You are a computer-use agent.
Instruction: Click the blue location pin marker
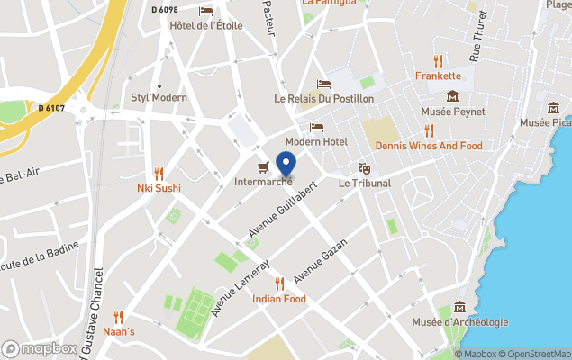(x=286, y=166)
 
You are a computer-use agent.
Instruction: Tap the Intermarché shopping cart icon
(x=263, y=166)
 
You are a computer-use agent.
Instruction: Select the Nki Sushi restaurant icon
(x=159, y=173)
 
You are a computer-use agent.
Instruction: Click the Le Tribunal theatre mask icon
(x=364, y=167)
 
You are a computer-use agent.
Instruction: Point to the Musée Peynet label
(x=453, y=112)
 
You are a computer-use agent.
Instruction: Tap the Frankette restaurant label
(x=439, y=76)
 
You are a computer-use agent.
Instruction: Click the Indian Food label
(x=279, y=299)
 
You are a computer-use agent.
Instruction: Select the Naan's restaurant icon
(x=119, y=317)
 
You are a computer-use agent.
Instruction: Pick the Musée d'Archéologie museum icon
(x=460, y=307)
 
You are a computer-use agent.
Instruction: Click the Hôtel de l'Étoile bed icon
(x=206, y=11)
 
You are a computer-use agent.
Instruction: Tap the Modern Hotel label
(x=316, y=142)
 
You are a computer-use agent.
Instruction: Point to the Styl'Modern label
(x=159, y=97)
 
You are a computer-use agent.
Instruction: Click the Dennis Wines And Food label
(x=429, y=146)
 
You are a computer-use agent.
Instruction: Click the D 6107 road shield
(x=51, y=109)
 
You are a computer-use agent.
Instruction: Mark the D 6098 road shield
(x=165, y=9)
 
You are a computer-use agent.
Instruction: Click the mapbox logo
(x=40, y=348)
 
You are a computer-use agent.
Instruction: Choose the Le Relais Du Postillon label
(x=324, y=98)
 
